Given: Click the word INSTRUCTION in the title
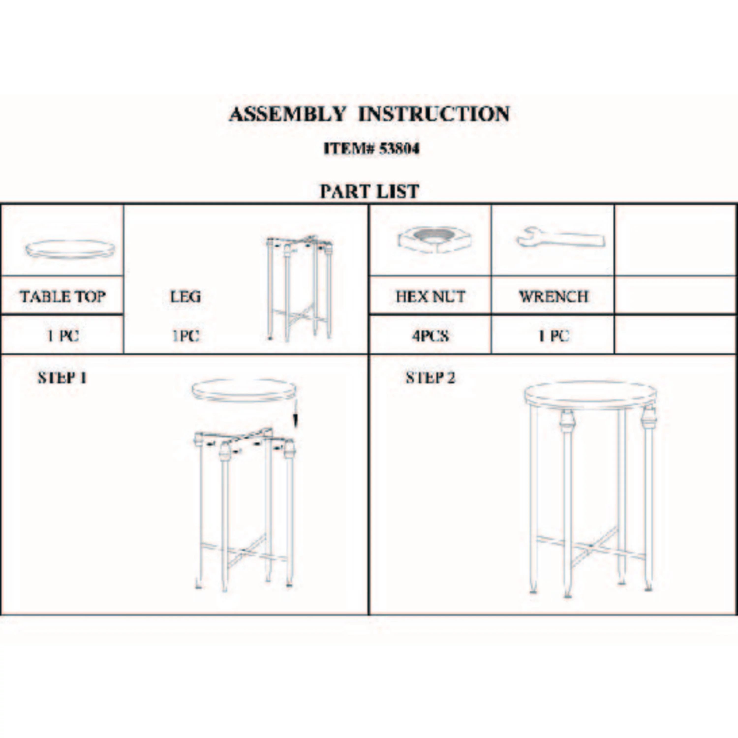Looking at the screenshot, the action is point(434,114).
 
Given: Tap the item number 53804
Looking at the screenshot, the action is point(399,149).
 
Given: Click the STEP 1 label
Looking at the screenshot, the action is point(62,378).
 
